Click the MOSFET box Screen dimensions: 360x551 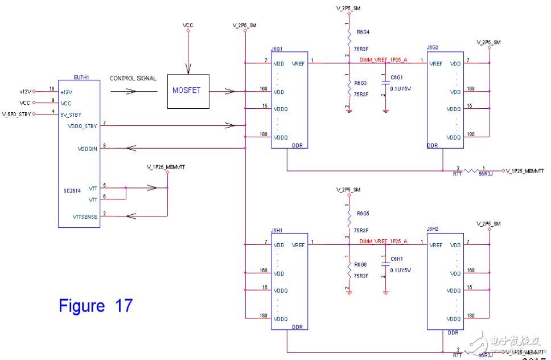tap(187, 91)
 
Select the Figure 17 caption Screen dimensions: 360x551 tap(96, 306)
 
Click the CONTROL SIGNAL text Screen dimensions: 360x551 tap(133, 78)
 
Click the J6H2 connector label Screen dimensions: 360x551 tap(434, 230)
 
